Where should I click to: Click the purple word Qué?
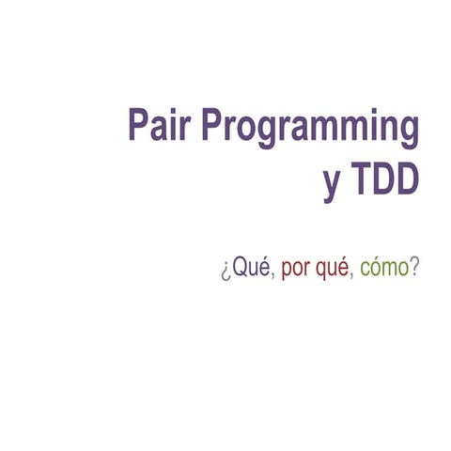click(x=249, y=268)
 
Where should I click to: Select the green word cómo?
click(x=386, y=268)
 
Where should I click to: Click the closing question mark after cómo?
click(x=414, y=267)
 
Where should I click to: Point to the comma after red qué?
click(x=352, y=275)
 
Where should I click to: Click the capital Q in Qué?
click(x=239, y=268)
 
